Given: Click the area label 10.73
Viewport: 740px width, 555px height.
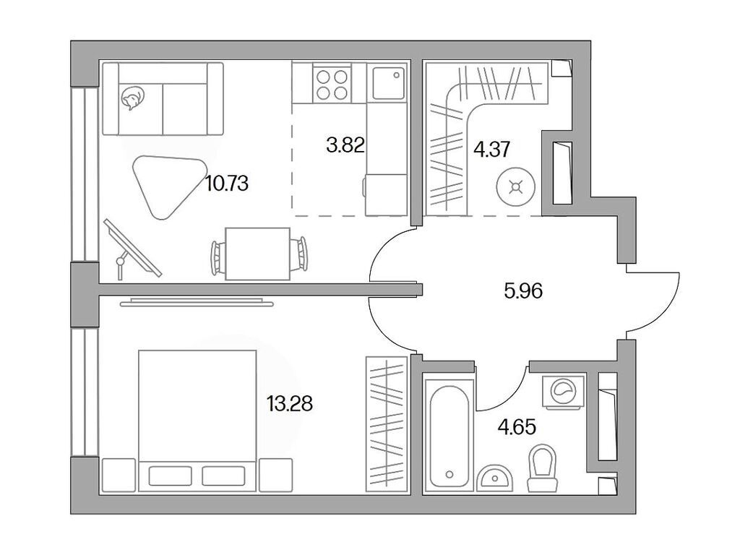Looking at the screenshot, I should [x=226, y=184].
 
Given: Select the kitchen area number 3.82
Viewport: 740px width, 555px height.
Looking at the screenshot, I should [x=345, y=145].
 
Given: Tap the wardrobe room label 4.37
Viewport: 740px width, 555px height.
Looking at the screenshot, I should [x=491, y=150].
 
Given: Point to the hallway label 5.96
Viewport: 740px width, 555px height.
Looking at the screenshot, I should [x=522, y=291].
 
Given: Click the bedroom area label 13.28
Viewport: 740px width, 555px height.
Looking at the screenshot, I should [x=289, y=403].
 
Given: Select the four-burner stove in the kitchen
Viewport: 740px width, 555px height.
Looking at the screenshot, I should [x=333, y=83].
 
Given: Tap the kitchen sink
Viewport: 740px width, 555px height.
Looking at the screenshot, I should [x=388, y=83].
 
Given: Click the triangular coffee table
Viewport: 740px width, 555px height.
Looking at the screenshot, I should [x=164, y=184].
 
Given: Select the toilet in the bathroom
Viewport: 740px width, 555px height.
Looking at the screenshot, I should [x=543, y=468].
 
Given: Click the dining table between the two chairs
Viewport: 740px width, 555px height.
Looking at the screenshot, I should [x=257, y=253].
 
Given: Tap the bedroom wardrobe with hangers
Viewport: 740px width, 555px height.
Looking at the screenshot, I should [x=387, y=424].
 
